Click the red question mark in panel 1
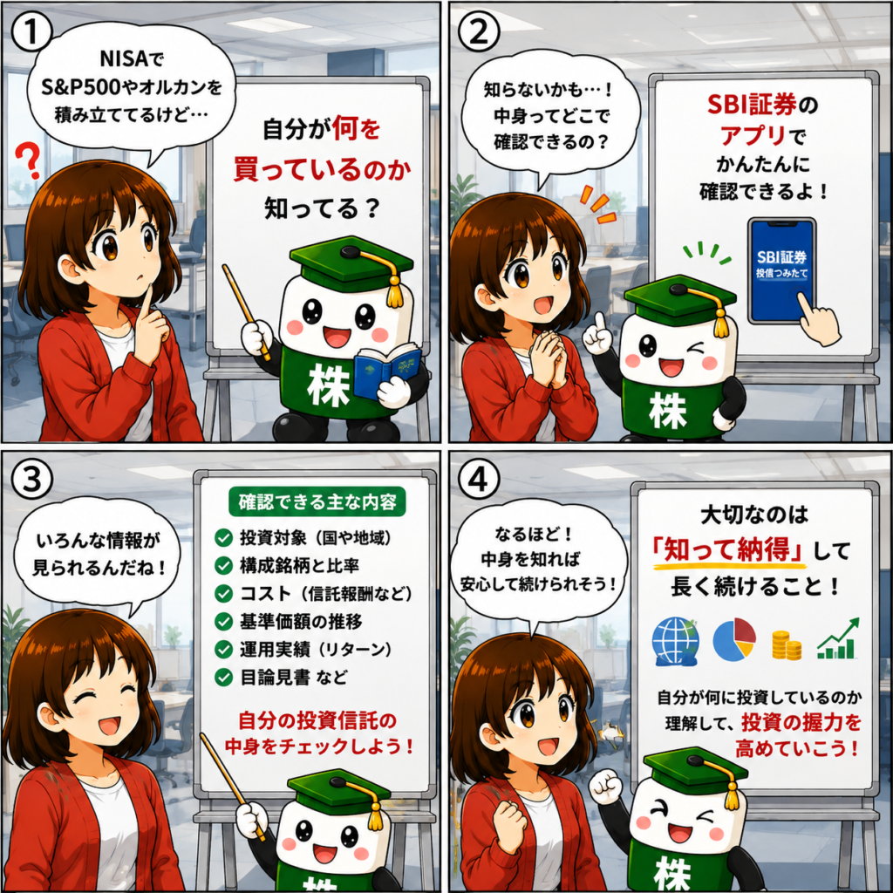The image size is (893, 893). coord(28,160)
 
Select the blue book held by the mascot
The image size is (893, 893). coord(387,370)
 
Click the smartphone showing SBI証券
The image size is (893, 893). coord(781,271)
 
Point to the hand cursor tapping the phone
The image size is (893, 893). coord(819,320)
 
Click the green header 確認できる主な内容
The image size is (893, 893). coord(317,501)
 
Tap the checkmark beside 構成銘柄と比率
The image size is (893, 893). coord(223,565)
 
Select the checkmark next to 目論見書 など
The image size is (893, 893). coord(223,677)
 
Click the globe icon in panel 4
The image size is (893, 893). coord(676,642)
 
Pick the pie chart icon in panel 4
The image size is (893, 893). coord(734,639)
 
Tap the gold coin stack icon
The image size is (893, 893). coord(786,645)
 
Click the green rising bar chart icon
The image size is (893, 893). coord(838,638)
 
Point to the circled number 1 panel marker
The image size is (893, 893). coord(31,32)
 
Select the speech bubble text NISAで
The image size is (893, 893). coord(132,58)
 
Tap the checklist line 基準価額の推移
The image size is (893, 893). coord(301,621)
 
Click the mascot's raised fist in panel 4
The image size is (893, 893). coord(605,787)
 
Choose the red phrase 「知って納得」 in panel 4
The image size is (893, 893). coord(730,550)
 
